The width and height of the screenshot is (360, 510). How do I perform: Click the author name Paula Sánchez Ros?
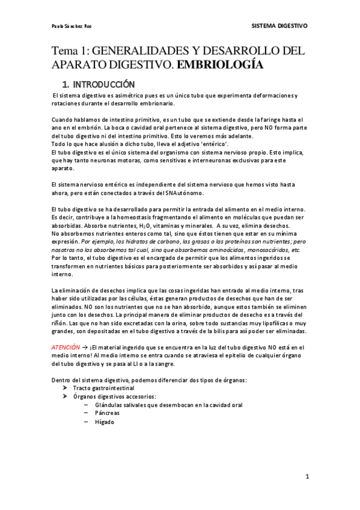(x=72, y=26)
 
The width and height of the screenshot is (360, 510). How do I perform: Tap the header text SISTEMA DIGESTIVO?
(x=279, y=26)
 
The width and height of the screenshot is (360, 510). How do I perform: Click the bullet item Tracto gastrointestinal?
(x=99, y=389)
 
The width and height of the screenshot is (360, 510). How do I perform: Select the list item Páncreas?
(x=107, y=414)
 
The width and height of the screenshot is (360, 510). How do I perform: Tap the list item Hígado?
(x=105, y=422)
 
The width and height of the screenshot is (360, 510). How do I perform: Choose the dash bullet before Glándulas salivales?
(x=87, y=405)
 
